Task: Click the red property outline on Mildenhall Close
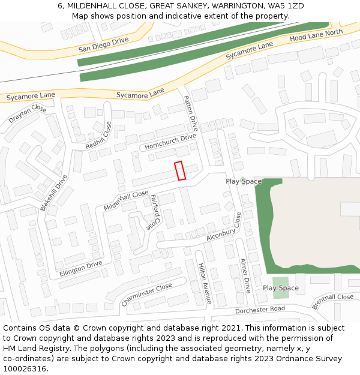pos(180,170)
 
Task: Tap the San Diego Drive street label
pos(103,45)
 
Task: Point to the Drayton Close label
pos(28,114)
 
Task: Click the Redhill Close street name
pos(100,136)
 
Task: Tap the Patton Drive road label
pos(191,113)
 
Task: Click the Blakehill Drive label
pos(53,192)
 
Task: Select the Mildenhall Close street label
pos(126,200)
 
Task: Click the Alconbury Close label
pos(223,229)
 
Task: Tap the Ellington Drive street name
pos(81,268)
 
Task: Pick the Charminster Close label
pos(146,295)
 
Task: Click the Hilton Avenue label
pos(205,283)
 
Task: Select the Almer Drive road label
pos(245,275)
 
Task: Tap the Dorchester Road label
pos(260,310)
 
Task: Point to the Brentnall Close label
pos(333,301)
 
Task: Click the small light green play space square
pos(280,287)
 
